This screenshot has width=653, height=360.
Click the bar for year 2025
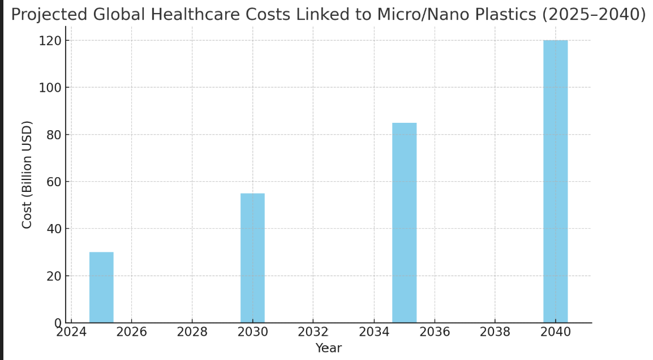[x=101, y=288]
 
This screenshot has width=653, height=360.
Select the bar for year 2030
[x=252, y=258]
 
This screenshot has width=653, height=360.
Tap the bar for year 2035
[x=404, y=223]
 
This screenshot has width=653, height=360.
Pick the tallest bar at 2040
[x=555, y=182]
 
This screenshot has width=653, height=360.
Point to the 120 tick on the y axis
[x=50, y=41]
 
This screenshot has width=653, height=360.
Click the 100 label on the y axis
[x=50, y=88]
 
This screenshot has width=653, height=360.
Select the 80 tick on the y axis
[x=53, y=135]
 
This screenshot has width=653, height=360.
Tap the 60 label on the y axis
[x=53, y=182]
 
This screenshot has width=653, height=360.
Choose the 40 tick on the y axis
[x=53, y=229]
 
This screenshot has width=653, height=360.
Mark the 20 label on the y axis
[x=53, y=276]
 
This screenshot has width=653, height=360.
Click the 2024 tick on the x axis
[x=71, y=332]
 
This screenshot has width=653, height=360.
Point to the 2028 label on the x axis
[x=192, y=332]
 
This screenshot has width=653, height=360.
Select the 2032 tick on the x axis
[x=313, y=332]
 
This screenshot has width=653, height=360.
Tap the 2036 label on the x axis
[x=435, y=332]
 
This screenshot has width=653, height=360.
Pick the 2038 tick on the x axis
[x=495, y=332]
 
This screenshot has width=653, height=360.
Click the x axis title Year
[x=328, y=348]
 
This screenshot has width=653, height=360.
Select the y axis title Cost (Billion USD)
[x=27, y=174]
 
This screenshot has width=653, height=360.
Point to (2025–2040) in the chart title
[x=594, y=14]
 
